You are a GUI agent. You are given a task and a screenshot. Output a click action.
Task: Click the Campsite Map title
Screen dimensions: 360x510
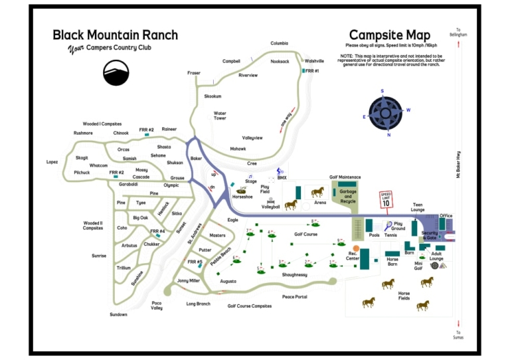point(389,35)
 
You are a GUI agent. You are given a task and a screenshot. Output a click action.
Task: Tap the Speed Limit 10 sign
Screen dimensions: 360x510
point(386,199)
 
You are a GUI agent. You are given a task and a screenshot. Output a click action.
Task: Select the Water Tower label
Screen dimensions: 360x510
point(220,116)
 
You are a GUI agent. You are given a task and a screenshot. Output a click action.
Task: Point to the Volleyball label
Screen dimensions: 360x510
point(270,207)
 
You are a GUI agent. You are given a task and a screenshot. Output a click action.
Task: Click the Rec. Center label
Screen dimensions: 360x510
point(353,256)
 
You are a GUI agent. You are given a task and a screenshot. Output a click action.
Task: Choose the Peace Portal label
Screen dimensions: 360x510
point(294,297)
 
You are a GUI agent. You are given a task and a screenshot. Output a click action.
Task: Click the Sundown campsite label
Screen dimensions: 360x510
point(119,314)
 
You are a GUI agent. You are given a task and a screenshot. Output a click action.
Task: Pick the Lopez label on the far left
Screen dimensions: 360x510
point(52,161)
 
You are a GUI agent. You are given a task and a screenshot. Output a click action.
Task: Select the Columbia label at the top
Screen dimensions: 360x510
point(279,43)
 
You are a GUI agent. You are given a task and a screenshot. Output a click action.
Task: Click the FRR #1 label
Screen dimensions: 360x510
point(312,70)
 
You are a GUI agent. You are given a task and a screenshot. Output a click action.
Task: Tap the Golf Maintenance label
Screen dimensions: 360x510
point(345,177)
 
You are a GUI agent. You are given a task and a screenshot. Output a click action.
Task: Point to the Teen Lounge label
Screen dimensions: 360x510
point(418,207)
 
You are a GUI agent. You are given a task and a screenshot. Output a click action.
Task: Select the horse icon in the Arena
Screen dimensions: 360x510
point(317,192)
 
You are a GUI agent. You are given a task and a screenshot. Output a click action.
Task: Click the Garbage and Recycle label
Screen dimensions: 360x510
point(347,197)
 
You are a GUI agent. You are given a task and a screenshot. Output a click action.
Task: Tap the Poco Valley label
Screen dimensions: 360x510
point(157,306)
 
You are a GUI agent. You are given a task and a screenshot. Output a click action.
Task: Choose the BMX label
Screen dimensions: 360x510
point(282,178)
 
